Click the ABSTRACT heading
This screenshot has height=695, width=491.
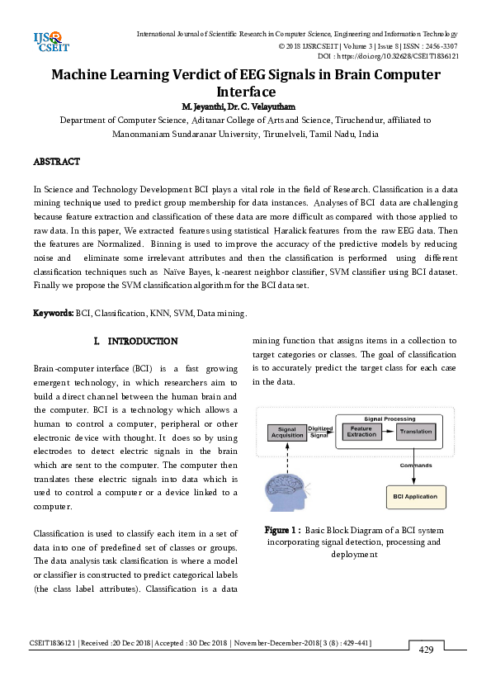point(56,161)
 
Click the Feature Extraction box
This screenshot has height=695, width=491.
point(361,432)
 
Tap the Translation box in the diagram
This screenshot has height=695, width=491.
point(416,432)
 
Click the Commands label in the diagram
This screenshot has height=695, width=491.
point(416,466)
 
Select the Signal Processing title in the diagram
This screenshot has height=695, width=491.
point(389,418)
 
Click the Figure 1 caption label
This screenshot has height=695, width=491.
point(281,530)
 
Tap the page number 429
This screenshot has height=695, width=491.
point(426,650)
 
